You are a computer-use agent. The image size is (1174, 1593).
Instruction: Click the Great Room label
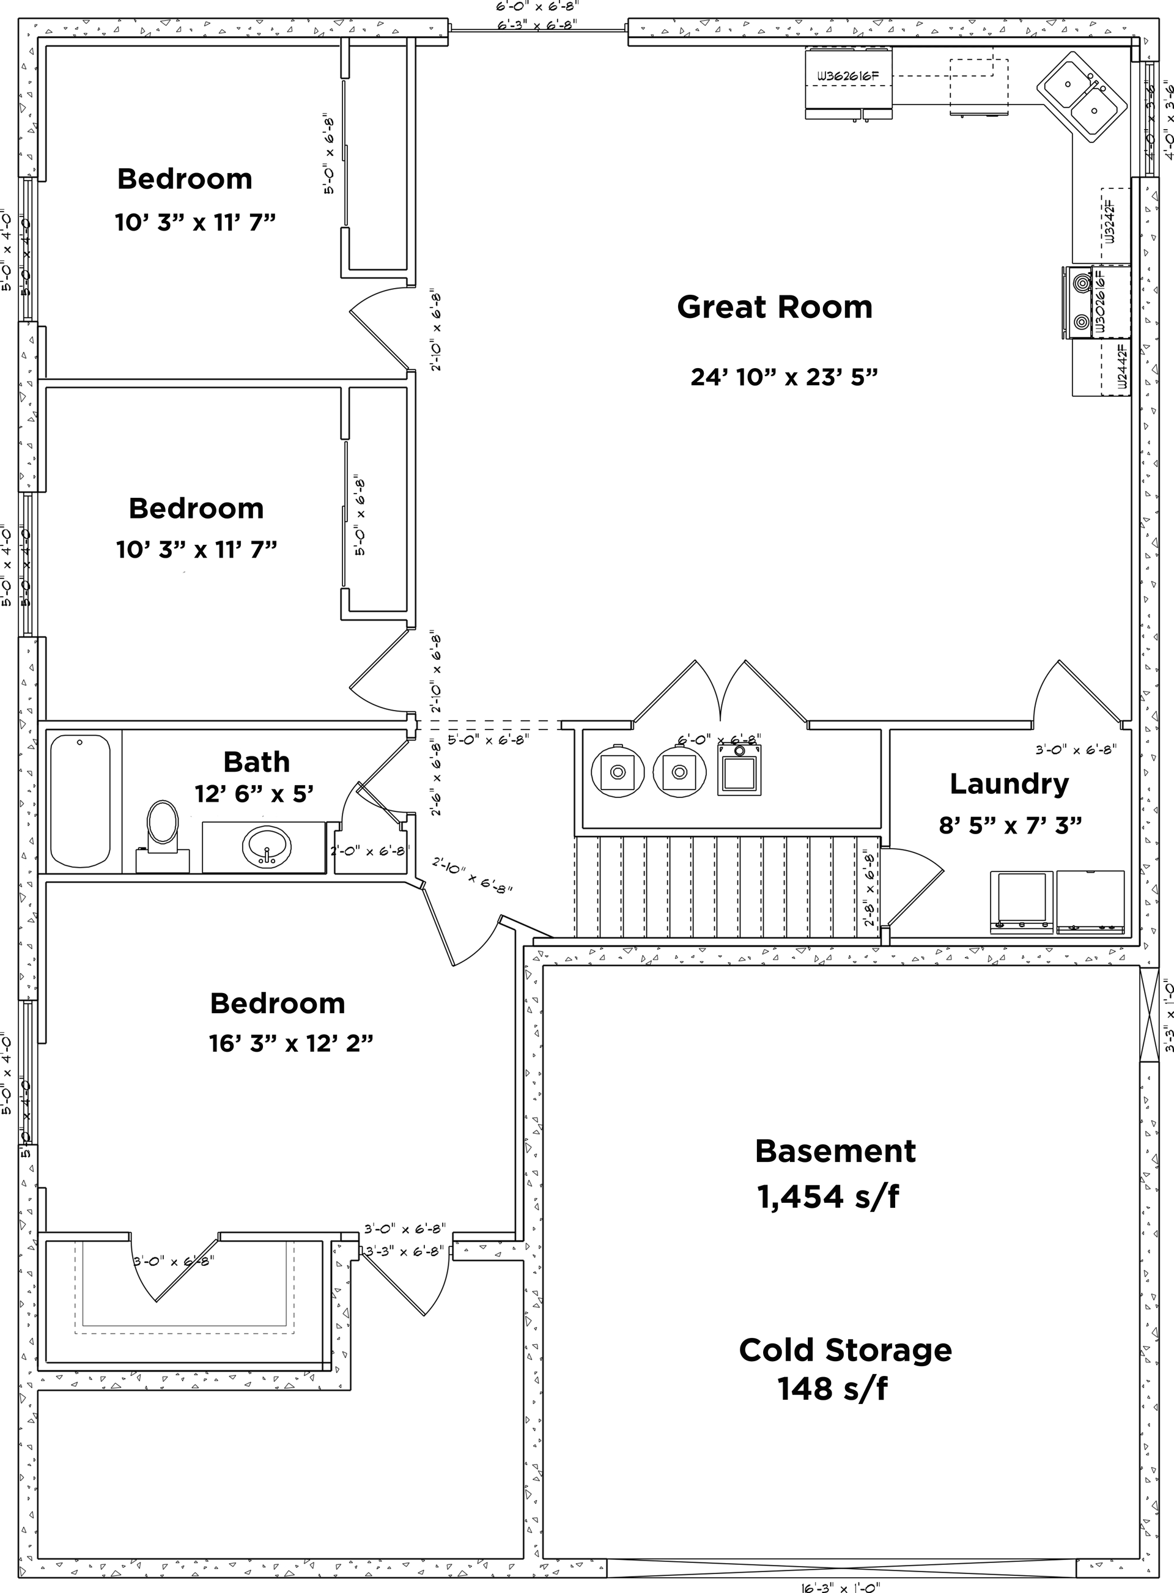[774, 307]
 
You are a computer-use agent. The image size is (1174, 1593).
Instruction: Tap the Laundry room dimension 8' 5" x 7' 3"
[1010, 825]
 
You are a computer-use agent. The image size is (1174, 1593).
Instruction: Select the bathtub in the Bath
[80, 800]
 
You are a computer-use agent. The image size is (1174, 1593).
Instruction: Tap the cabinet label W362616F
[848, 75]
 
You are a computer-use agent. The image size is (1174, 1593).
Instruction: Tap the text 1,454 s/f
[828, 1197]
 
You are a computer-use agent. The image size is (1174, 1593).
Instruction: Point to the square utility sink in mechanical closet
[739, 769]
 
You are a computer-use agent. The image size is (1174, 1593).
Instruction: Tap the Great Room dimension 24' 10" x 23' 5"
[784, 377]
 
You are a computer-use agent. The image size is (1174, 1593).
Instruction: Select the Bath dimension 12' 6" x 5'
[254, 793]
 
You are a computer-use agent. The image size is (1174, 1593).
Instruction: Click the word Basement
[835, 1150]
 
